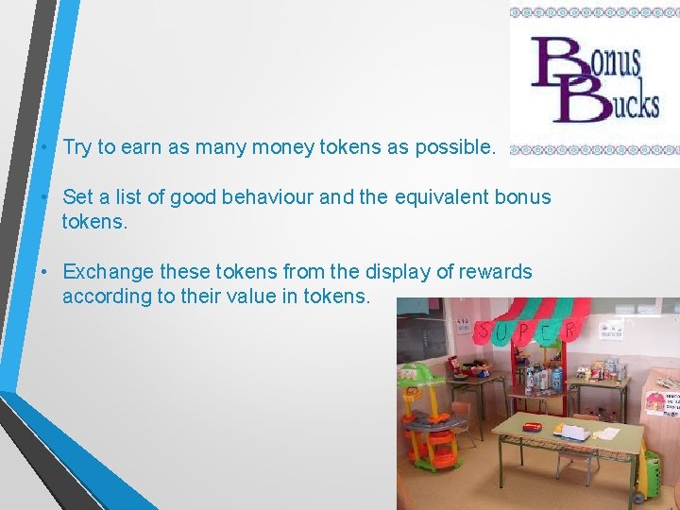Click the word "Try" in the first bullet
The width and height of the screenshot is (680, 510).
click(x=77, y=147)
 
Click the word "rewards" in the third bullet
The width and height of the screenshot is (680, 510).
click(x=497, y=272)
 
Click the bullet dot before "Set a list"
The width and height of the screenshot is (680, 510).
click(x=44, y=198)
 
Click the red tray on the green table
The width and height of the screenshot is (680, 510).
click(x=534, y=426)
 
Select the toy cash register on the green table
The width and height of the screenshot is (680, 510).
click(x=571, y=431)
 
